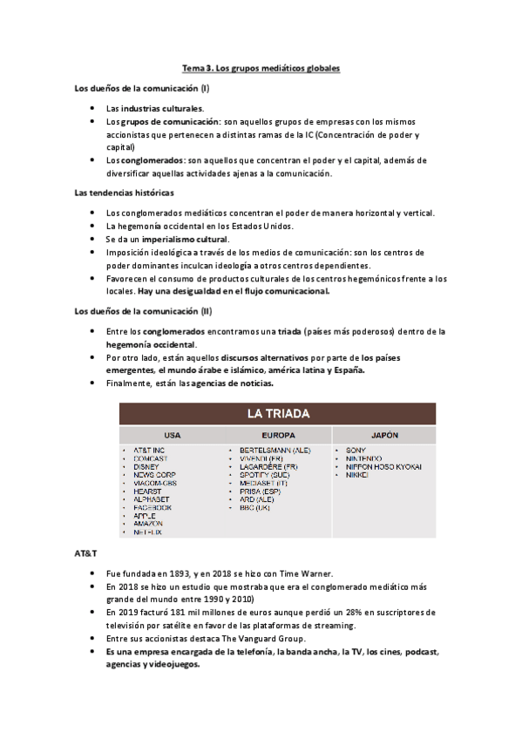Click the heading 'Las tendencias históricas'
[x=124, y=193]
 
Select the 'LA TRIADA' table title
[x=278, y=412]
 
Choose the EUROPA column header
[x=278, y=434]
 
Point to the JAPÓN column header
[x=383, y=434]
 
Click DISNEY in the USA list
[x=146, y=466]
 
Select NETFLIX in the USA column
[x=148, y=532]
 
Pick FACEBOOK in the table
[x=153, y=507]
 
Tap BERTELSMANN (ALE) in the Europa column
[x=275, y=450]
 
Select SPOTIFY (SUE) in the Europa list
[x=266, y=474]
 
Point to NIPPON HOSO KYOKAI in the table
[x=383, y=466]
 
